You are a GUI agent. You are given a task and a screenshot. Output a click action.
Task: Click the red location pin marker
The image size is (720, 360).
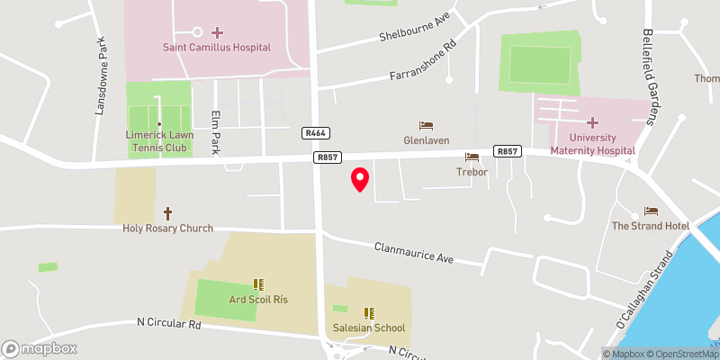point(359,179)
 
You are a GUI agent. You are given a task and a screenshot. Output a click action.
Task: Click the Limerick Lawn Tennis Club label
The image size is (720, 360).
point(158,140)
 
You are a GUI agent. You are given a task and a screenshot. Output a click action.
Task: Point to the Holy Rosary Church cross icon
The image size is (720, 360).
point(167,213)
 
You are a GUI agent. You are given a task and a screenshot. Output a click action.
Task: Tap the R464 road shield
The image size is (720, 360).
point(314,132)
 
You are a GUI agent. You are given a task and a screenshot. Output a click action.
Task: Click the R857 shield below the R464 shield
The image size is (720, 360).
point(327,157)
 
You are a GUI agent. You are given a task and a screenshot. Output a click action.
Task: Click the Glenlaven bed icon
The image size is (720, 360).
point(426,125)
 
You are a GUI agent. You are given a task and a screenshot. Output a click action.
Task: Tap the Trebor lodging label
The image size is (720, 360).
point(472,171)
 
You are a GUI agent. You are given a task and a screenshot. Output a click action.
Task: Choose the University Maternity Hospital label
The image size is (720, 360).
point(592,143)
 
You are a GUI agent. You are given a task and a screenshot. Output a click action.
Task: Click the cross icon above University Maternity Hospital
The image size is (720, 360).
point(592,121)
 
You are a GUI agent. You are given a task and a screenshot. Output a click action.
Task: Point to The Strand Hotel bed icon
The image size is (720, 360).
point(651,211)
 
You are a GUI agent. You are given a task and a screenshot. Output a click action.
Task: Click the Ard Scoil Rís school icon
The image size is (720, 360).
point(258,284)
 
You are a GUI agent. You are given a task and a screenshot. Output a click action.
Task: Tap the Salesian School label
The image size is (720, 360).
point(369,328)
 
